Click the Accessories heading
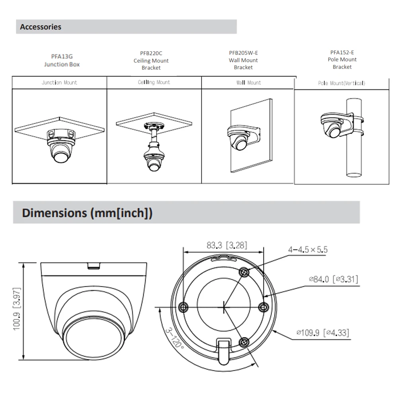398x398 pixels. [x=41, y=27]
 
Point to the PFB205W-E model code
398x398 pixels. [x=243, y=53]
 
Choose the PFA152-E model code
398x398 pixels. [x=342, y=52]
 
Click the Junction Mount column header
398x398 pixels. [x=59, y=83]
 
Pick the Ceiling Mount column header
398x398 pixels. [x=154, y=82]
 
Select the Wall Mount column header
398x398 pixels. [x=249, y=83]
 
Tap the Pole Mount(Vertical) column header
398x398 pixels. [x=341, y=84]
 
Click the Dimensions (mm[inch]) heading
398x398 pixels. [x=87, y=213]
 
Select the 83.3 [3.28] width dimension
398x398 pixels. [x=226, y=246]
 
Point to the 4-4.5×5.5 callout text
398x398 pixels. [x=308, y=250]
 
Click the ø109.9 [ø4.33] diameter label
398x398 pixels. [x=323, y=332]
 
